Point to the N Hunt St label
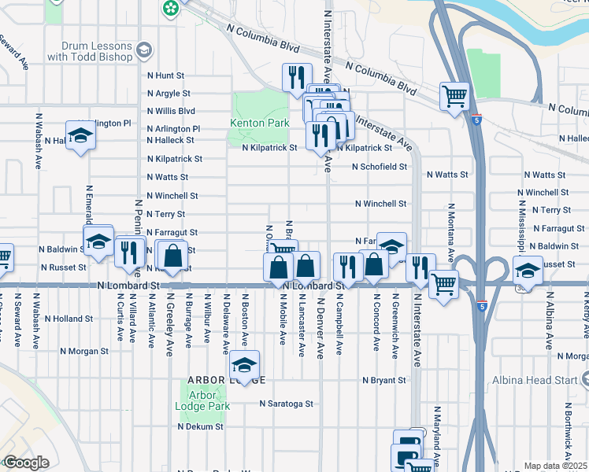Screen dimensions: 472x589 pos(165,76)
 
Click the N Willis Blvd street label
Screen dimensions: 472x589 pos(170,111)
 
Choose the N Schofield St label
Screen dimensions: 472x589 pos(379,167)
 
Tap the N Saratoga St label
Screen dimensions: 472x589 pos(287,404)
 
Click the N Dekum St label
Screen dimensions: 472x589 pos(200,426)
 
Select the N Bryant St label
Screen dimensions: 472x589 pos(384,380)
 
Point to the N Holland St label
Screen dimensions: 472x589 pos(69,319)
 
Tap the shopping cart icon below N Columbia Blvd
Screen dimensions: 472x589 pos(455,96)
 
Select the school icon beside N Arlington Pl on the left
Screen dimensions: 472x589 pos(80,137)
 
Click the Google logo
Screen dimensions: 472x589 pos(26,463)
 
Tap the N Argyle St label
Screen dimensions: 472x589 pos(169,93)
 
